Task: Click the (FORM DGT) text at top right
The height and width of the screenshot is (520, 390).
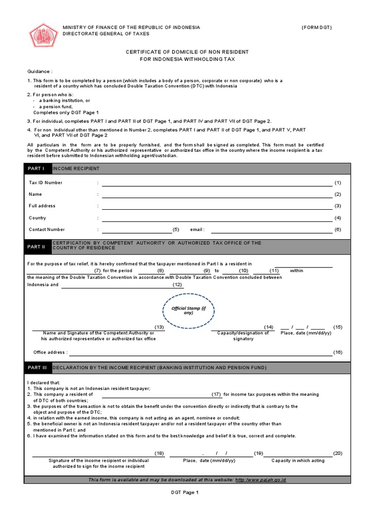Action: [x=317, y=27]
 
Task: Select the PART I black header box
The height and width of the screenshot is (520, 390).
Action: [x=37, y=169]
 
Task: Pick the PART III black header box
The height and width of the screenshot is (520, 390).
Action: [x=38, y=368]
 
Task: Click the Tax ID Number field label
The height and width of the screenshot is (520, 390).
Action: [x=46, y=182]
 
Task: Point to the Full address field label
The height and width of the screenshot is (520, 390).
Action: [x=42, y=206]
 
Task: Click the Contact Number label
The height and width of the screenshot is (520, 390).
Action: [x=47, y=230]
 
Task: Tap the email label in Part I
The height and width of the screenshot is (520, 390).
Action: [x=197, y=230]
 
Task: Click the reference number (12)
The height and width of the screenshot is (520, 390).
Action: [x=177, y=285]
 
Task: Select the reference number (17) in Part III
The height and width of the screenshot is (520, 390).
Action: [x=217, y=394]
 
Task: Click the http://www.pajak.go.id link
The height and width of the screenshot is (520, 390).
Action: [x=261, y=480]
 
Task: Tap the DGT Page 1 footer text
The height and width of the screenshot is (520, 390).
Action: [x=184, y=492]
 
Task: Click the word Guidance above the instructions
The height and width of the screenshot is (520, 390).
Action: [x=40, y=72]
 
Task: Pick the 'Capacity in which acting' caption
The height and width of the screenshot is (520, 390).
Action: [x=298, y=461]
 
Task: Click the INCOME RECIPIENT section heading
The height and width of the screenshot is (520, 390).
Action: [x=76, y=169]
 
